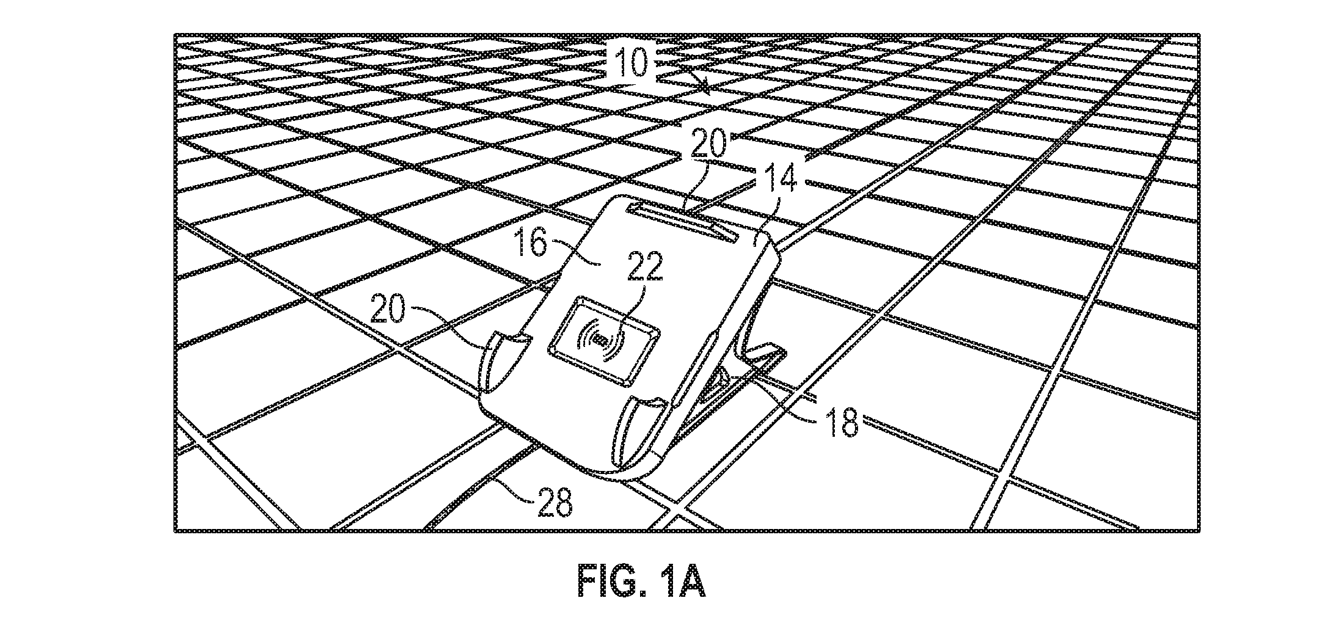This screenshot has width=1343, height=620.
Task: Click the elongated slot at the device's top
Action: coord(682,224)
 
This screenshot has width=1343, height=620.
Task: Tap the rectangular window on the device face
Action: coord(605,342)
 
